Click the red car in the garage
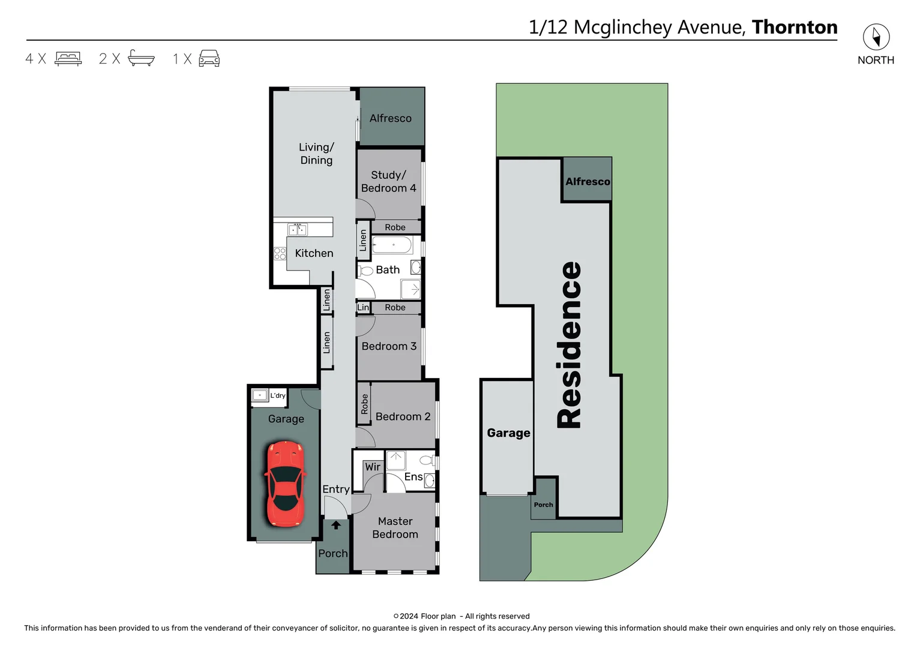pos(285,484)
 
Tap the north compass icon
pos(876,37)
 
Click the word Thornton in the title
pos(794,27)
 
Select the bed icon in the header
pos(68,58)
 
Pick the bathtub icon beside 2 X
pos(141,58)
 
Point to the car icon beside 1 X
pos(209,58)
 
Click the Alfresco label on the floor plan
pos(390,118)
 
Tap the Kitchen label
pos(314,253)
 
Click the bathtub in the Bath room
pos(392,245)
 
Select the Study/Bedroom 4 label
pos(388,181)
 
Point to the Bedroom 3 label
pos(389,346)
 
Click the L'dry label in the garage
pos(278,395)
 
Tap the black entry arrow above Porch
pos(336,525)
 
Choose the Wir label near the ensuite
pos(373,467)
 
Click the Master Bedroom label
pos(395,527)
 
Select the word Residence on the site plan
pos(570,344)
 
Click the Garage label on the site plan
pos(508,433)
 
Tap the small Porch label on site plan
pos(544,505)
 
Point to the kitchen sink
pos(297,229)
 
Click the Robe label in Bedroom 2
pos(364,404)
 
